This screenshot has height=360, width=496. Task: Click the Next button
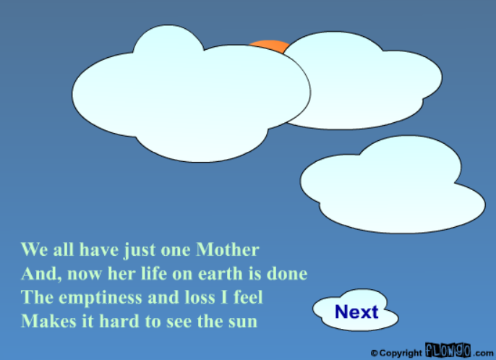point(356,312)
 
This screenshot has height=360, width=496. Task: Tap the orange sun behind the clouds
point(268,46)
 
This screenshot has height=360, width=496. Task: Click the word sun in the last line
point(244,321)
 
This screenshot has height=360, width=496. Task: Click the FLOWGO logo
point(448,351)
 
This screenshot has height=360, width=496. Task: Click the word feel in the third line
point(247,297)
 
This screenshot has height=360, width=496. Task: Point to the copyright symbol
point(374,353)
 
